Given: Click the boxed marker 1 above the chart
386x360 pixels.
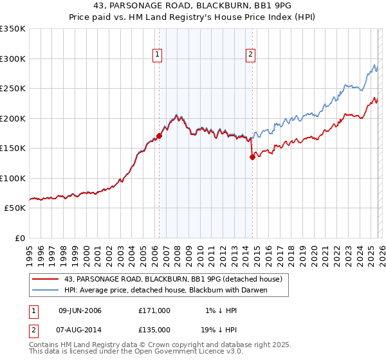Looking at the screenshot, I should (158, 55).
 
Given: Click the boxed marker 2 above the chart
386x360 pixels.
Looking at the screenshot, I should (250, 55).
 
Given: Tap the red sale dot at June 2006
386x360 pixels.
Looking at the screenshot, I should (159, 136).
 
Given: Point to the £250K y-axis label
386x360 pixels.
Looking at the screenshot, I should (13, 89).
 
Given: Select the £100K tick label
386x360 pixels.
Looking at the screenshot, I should (13, 179).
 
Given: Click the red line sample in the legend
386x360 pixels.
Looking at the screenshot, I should (46, 279).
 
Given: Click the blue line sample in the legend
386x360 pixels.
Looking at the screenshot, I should (46, 290).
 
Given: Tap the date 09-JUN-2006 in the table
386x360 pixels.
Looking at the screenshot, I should (80, 310).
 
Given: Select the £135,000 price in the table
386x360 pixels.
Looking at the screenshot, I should (154, 329).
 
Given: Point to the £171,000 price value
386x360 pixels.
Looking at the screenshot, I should (154, 310).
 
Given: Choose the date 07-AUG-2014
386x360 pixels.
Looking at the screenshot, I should (80, 329).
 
